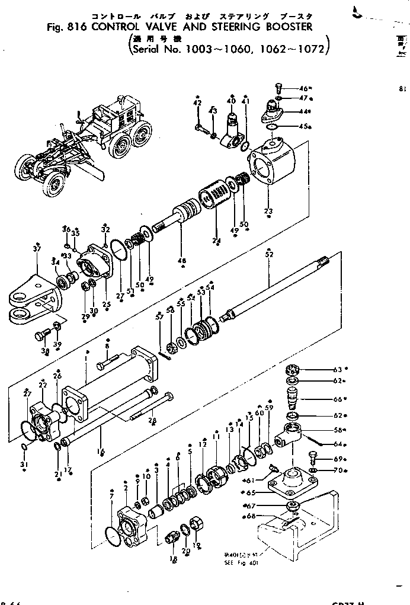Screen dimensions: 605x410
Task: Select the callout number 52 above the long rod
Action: [269, 254]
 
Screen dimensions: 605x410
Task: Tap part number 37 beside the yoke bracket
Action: [37, 249]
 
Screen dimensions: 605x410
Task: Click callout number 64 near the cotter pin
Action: [340, 444]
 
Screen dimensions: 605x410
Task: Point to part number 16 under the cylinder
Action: [101, 452]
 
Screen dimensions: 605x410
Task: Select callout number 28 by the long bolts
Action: [152, 420]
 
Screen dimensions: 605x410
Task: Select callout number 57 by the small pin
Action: [159, 318]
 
